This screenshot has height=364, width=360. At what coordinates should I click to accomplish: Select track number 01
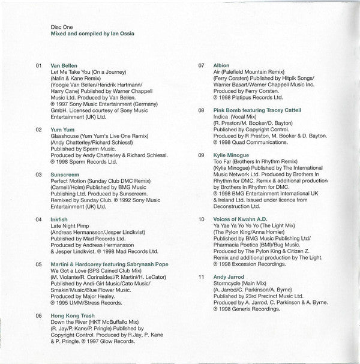40,65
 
